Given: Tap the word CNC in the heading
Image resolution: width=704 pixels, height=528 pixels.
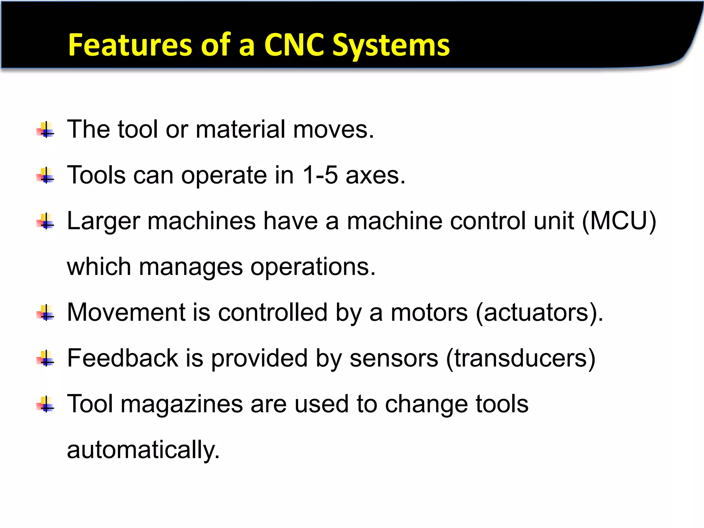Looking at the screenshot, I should click(x=294, y=45).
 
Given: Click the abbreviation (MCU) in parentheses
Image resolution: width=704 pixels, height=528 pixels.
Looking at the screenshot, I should click(x=619, y=221).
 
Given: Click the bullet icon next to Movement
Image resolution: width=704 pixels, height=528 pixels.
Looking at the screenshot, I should click(x=45, y=313).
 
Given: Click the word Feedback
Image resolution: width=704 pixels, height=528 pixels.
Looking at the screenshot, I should click(x=122, y=358).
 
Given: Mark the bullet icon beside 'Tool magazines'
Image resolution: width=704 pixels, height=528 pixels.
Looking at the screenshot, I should click(x=45, y=405).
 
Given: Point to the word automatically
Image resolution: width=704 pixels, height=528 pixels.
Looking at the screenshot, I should click(x=143, y=450).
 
